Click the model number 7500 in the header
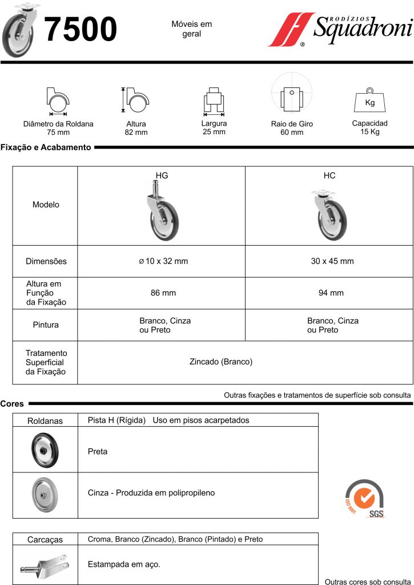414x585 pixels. point(81,30)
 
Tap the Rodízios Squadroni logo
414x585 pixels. point(340,30)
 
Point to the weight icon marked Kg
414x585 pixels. point(369,101)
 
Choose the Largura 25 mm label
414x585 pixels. point(214,127)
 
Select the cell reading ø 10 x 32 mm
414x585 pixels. point(163,261)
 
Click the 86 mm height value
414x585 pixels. point(163,293)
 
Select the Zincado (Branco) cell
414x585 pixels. point(220,362)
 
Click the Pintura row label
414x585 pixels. point(46,325)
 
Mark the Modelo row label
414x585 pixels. point(46,205)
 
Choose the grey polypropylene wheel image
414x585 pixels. point(46,494)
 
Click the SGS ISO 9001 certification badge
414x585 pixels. point(364,498)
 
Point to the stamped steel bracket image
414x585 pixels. point(46,565)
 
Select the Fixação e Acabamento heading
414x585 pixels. point(46,147)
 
